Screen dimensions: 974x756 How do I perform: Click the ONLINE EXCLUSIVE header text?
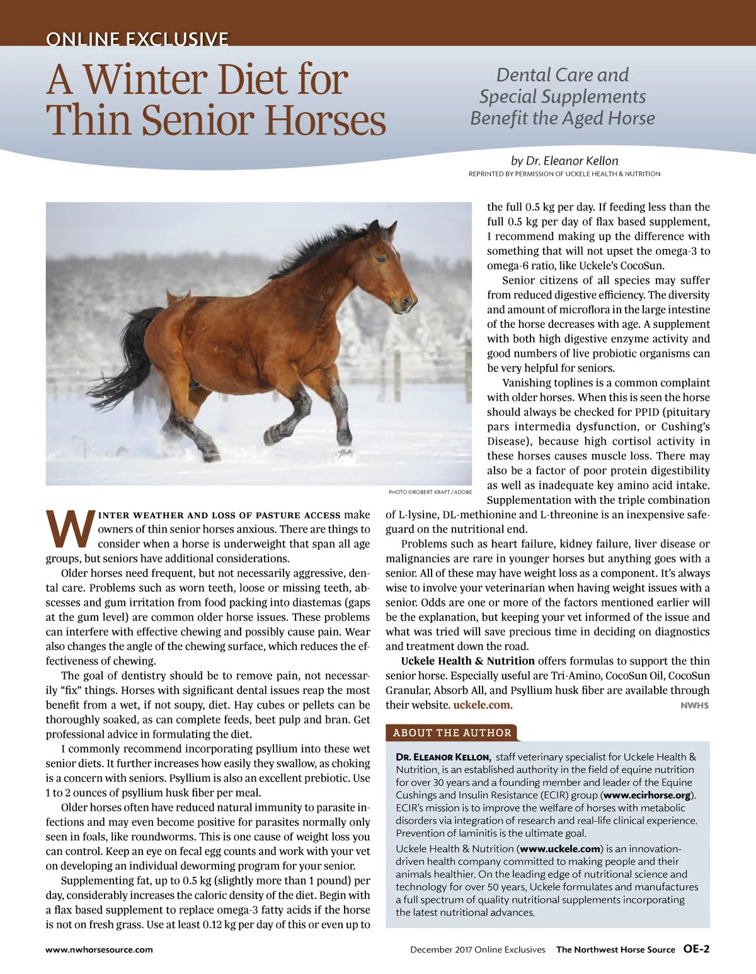pyautogui.click(x=137, y=39)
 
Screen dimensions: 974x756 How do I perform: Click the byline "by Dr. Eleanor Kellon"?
pyautogui.click(x=564, y=161)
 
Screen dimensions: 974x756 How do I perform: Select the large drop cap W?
pyautogui.click(x=70, y=529)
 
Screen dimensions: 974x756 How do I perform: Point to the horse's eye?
pyautogui.click(x=381, y=259)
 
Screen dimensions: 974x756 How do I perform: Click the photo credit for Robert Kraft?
pyautogui.click(x=430, y=492)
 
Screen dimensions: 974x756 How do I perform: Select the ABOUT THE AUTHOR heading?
pyautogui.click(x=452, y=733)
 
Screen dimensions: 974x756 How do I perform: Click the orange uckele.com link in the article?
pyautogui.click(x=481, y=705)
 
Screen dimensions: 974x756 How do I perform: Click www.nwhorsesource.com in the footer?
pyautogui.click(x=99, y=949)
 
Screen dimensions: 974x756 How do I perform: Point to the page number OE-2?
pyautogui.click(x=696, y=949)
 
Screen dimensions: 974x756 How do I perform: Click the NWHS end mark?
pyautogui.click(x=694, y=705)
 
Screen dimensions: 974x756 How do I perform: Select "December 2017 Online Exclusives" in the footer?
pyautogui.click(x=478, y=949)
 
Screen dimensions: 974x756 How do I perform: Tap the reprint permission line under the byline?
pyautogui.click(x=564, y=174)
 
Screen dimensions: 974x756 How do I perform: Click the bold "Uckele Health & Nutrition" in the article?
pyautogui.click(x=467, y=661)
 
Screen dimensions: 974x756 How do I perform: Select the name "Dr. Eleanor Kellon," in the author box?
pyautogui.click(x=443, y=757)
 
